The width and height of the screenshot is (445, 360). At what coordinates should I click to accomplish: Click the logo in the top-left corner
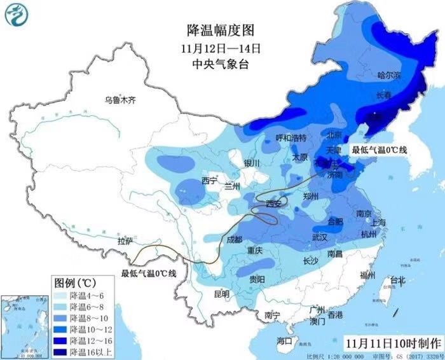pos(18,15)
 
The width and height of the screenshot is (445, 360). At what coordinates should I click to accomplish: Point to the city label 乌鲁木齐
pos(121,99)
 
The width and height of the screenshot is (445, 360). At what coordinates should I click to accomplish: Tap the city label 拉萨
pos(125,241)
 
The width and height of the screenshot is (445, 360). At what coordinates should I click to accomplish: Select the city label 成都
pos(234,239)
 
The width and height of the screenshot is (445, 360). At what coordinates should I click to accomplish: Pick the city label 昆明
pos(222,294)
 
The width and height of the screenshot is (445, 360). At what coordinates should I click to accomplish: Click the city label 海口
pos(284,341)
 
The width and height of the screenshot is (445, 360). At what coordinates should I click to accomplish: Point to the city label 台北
pos(397,280)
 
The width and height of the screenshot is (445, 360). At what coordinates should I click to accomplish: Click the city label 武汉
pos(319,237)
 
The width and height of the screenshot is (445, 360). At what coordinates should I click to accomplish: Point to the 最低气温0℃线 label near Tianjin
pos(380,150)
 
